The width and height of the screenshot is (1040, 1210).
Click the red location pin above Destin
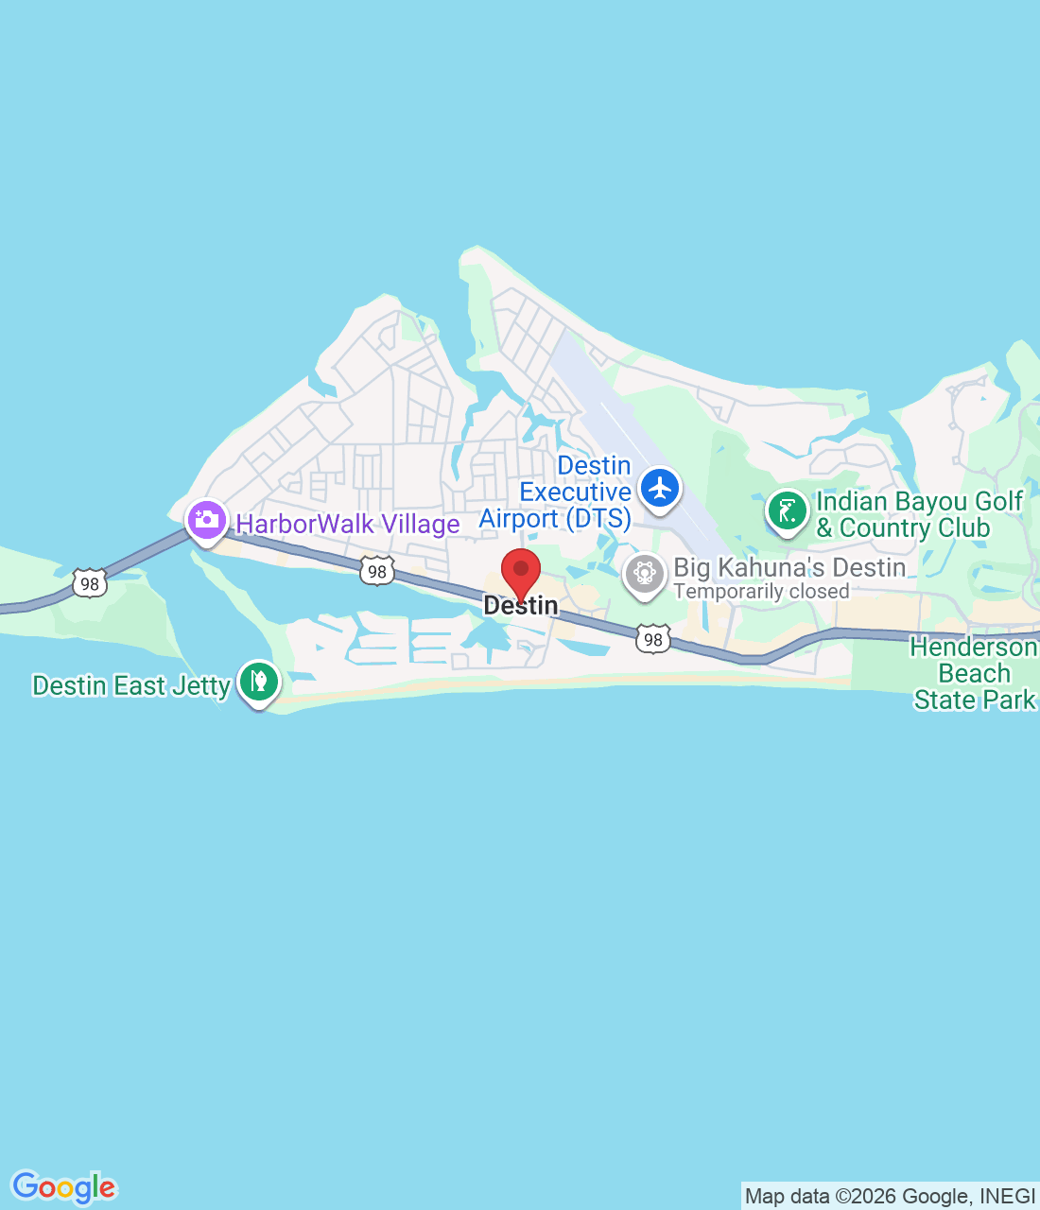pyautogui.click(x=520, y=571)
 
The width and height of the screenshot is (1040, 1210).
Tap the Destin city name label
pyautogui.click(x=521, y=606)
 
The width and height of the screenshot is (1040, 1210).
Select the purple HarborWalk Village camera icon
pyautogui.click(x=206, y=520)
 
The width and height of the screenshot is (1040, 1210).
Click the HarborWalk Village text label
pyautogui.click(x=348, y=524)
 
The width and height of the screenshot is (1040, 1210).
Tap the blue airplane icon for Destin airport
pyautogui.click(x=660, y=489)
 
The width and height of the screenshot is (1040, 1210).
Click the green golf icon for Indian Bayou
pyautogui.click(x=787, y=511)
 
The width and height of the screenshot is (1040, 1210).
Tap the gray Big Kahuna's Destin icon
pyautogui.click(x=645, y=573)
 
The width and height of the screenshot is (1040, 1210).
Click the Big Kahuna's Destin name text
pyautogui.click(x=789, y=567)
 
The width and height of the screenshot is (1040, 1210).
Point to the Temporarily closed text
pyautogui.click(x=761, y=592)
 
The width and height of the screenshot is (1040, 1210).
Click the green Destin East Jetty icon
pyautogui.click(x=258, y=680)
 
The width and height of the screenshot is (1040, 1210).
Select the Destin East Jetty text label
pyautogui.click(x=131, y=685)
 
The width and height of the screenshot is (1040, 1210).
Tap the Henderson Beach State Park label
pyautogui.click(x=974, y=673)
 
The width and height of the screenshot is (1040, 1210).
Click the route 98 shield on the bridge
pyautogui.click(x=90, y=583)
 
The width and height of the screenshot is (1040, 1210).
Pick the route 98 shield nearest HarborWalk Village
pyautogui.click(x=376, y=571)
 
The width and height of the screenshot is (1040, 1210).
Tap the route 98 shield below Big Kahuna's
pyautogui.click(x=653, y=639)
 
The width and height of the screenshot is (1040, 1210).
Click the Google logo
pyautogui.click(x=64, y=1187)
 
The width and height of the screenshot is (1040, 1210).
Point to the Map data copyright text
pyautogui.click(x=890, y=1197)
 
